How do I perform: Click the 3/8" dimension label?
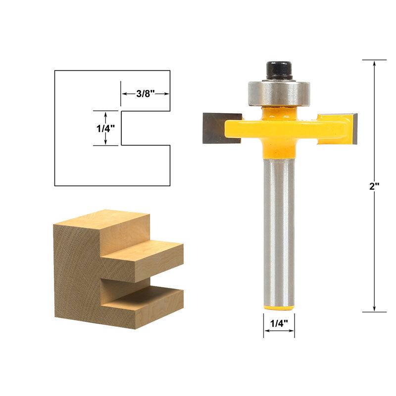(145, 94)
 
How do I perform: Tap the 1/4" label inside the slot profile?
(105, 129)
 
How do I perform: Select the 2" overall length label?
(374, 186)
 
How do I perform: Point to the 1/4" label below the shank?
(279, 323)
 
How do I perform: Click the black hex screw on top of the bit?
(279, 70)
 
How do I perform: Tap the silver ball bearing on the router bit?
(279, 93)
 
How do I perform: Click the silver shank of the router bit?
(279, 232)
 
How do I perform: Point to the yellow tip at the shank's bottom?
(279, 307)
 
